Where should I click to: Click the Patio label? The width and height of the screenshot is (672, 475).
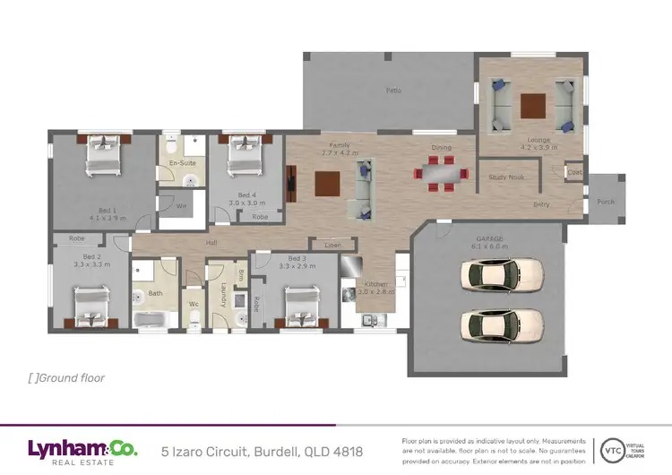392,91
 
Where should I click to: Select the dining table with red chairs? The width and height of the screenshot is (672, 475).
440,173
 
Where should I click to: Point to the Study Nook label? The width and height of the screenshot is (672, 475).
506,177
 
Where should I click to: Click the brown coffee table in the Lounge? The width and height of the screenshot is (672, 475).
534,106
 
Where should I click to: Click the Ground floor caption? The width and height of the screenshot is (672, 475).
67,378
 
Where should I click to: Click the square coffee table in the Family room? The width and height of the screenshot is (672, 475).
327,184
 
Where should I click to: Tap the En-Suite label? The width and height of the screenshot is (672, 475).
182,163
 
